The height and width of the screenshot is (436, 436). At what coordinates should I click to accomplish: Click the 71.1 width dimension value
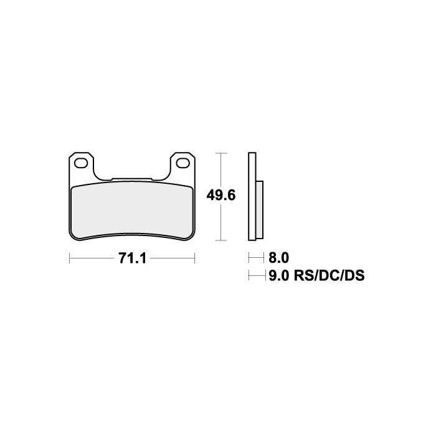pyautogui.click(x=132, y=258)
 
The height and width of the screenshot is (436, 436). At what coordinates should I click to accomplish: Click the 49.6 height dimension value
pyautogui.click(x=221, y=196)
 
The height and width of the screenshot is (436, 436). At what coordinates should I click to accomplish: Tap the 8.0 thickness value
pyautogui.click(x=278, y=258)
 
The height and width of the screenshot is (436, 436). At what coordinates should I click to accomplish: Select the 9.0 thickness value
pyautogui.click(x=279, y=275)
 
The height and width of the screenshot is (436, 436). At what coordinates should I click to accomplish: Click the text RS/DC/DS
pyautogui.click(x=329, y=275)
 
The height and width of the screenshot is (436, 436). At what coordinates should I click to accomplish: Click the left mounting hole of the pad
pyautogui.click(x=81, y=163)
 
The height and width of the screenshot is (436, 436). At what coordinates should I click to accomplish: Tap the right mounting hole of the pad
pyautogui.click(x=183, y=163)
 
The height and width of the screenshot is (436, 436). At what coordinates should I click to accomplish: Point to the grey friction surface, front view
pyautogui.click(x=132, y=211)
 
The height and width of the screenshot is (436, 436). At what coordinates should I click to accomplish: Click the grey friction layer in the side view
pyautogui.click(x=260, y=210)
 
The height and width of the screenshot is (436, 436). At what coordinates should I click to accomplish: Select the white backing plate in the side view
pyautogui.click(x=252, y=196)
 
